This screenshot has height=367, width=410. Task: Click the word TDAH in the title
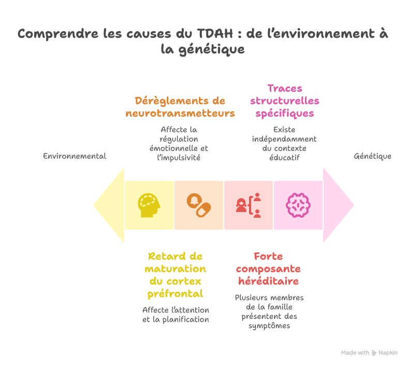pos(215,34)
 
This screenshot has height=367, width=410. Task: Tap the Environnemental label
pos(75,156)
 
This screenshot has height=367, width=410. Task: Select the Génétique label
pos(373,156)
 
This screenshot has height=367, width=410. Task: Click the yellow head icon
pos(149,205)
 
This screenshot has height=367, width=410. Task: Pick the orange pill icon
pos(199,205)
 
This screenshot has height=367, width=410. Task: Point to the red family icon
pos(248,205)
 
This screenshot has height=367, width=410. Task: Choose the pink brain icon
pos(298,205)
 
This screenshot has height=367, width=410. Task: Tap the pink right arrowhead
pos(339,205)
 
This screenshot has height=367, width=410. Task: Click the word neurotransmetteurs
pos(180,114)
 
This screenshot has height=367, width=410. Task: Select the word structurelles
pos(285,101)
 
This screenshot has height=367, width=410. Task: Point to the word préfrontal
pos(175,294)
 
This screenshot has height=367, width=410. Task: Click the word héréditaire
pos(268,281)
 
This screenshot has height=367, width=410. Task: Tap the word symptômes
pos(269,326)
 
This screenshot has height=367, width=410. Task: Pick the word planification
pos(186,320)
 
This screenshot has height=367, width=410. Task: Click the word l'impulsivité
pos(179,158)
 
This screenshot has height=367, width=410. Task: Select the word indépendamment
pos(284,139)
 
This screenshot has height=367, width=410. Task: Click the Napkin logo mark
pos(374,353)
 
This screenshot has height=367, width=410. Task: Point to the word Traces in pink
pos(285,88)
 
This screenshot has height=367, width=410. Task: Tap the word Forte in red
pos(268,256)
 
